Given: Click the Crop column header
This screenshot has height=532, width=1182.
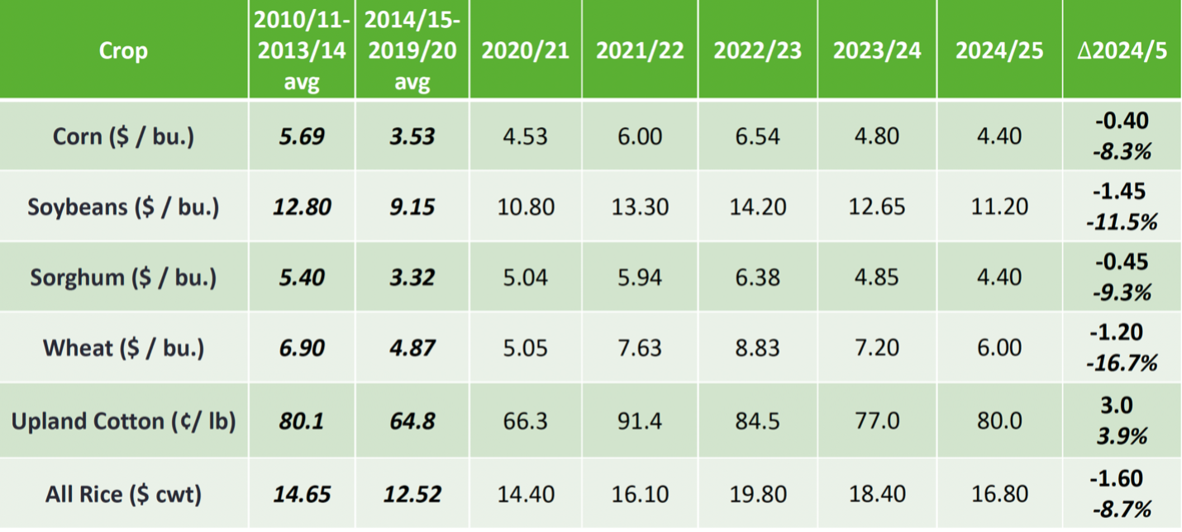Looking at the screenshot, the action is click(x=123, y=50).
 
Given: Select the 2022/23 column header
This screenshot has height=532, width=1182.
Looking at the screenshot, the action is click(x=757, y=50).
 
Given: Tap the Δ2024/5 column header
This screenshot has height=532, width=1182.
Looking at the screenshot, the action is click(x=1122, y=50).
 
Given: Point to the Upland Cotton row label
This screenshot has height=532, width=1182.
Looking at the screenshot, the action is click(x=123, y=420).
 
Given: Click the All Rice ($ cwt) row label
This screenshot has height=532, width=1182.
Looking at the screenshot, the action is click(x=123, y=494).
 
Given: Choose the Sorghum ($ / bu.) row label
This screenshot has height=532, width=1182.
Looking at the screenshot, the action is click(x=123, y=278).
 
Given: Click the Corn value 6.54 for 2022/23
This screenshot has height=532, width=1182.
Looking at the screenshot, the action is click(x=757, y=136).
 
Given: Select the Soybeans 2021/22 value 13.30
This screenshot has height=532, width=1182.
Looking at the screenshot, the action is click(x=640, y=207).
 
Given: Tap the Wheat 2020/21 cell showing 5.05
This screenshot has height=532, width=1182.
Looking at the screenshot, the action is click(x=525, y=348).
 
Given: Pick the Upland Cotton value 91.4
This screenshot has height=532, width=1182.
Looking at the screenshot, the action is click(x=640, y=420).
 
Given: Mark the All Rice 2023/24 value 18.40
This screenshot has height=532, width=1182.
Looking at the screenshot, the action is click(x=876, y=494).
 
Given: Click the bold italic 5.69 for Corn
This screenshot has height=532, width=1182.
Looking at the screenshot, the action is click(x=302, y=136).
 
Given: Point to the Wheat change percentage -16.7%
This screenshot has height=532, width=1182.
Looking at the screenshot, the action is click(x=1122, y=363).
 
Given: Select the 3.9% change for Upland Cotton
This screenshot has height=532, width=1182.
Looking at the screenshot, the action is click(x=1122, y=436).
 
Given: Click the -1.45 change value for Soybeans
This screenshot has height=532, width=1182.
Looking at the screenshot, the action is click(x=1118, y=191).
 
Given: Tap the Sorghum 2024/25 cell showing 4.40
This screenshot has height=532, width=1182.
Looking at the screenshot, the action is click(x=999, y=278).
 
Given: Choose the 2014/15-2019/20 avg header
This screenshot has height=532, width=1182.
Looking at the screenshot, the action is click(x=412, y=50).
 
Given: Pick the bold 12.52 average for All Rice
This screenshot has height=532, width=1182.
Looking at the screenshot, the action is click(x=412, y=494).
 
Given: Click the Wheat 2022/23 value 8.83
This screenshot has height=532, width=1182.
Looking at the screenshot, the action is click(x=757, y=348).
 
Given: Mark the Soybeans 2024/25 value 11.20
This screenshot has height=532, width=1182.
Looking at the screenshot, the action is click(x=999, y=207).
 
